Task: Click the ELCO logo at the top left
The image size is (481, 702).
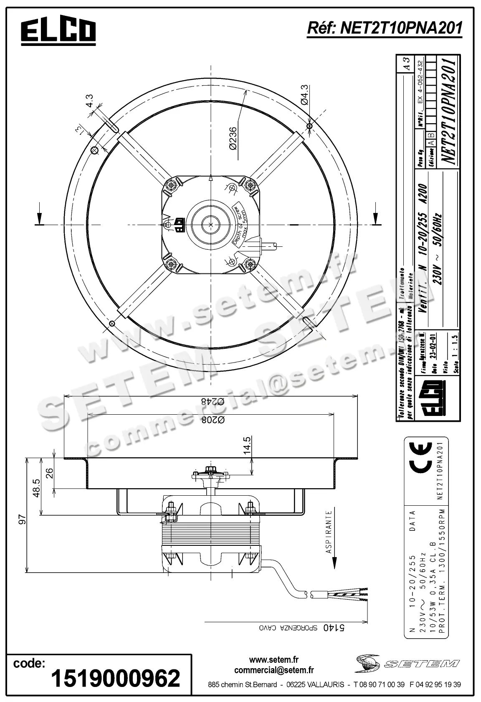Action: point(58,32)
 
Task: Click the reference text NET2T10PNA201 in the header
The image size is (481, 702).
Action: point(385,28)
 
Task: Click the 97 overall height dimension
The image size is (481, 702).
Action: point(23,519)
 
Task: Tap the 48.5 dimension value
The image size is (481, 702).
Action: point(36,488)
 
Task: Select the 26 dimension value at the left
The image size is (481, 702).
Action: point(49,473)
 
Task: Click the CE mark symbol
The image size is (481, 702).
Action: point(423,461)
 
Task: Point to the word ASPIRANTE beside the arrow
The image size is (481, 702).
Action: point(329,532)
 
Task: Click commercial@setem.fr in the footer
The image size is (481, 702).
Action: point(274,670)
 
